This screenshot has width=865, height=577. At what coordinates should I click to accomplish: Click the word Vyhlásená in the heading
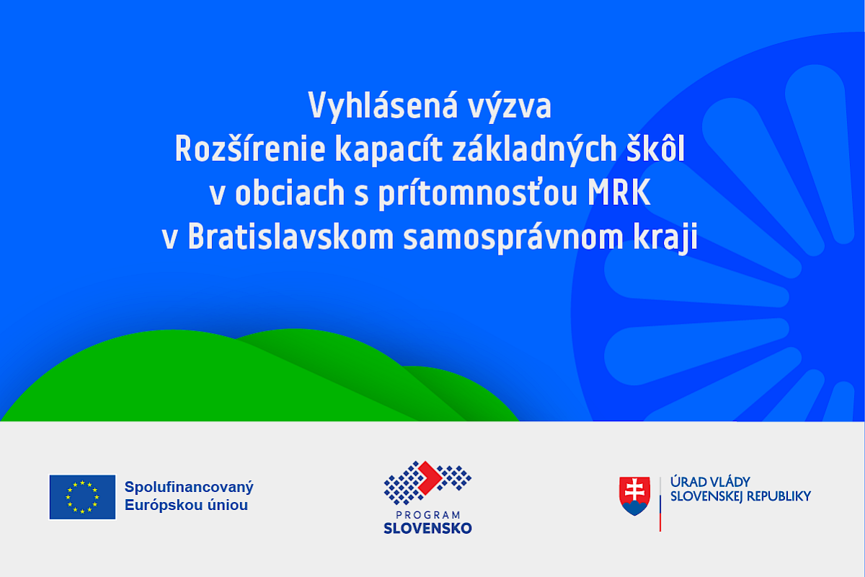click(x=383, y=106)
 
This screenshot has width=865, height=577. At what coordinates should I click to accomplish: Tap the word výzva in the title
click(x=510, y=106)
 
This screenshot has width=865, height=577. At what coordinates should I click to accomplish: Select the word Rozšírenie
click(x=250, y=149)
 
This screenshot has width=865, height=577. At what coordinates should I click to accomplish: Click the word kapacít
click(x=389, y=150)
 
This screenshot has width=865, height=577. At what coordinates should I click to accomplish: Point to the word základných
click(x=534, y=150)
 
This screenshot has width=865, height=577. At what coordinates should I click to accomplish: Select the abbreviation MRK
click(x=619, y=192)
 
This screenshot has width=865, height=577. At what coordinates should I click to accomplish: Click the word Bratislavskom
click(x=290, y=236)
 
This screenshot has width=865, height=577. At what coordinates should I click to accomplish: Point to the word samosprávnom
click(x=513, y=238)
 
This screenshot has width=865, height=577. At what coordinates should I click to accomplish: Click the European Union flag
click(x=82, y=497)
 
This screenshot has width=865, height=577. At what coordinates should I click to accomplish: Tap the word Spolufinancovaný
click(x=189, y=488)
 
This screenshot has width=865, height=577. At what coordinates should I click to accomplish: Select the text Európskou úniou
click(x=186, y=505)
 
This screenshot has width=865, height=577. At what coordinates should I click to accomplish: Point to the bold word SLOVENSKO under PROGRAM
click(x=427, y=528)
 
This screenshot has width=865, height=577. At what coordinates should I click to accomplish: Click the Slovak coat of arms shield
click(x=635, y=495)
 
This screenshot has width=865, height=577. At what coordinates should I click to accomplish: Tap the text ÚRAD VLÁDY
click(x=710, y=483)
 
